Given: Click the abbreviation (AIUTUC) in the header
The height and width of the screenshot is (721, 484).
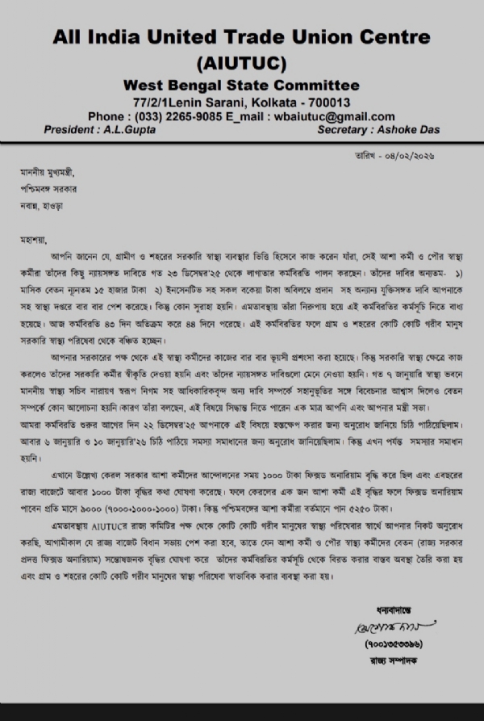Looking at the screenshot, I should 242,63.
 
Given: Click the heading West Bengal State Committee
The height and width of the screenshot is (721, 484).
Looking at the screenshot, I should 242,86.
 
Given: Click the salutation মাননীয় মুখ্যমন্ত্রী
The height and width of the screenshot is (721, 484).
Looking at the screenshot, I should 50,171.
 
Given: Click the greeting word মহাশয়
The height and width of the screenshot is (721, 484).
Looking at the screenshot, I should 35,240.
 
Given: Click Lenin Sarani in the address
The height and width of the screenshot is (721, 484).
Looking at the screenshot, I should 201,103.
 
